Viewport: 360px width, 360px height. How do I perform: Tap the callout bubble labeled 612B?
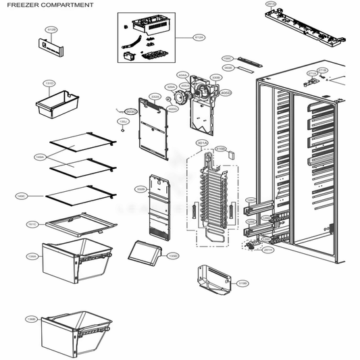52,30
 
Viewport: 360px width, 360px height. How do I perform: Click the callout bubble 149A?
40,157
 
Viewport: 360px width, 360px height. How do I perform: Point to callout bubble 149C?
21,197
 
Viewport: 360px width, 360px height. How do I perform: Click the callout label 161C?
32,223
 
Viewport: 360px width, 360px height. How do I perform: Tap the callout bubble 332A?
155,97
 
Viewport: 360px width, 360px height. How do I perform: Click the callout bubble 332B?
141,188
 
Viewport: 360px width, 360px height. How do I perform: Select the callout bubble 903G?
131,110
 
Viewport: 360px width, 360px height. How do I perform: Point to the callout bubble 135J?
122,121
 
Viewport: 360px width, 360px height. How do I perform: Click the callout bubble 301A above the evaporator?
201,143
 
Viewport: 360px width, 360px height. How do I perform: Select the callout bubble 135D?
172,256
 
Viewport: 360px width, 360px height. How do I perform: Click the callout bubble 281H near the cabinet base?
268,250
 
